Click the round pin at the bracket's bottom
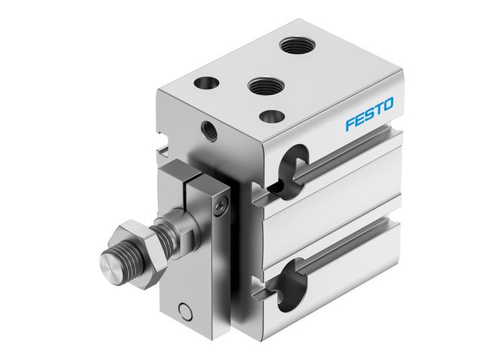tap(185, 311)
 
